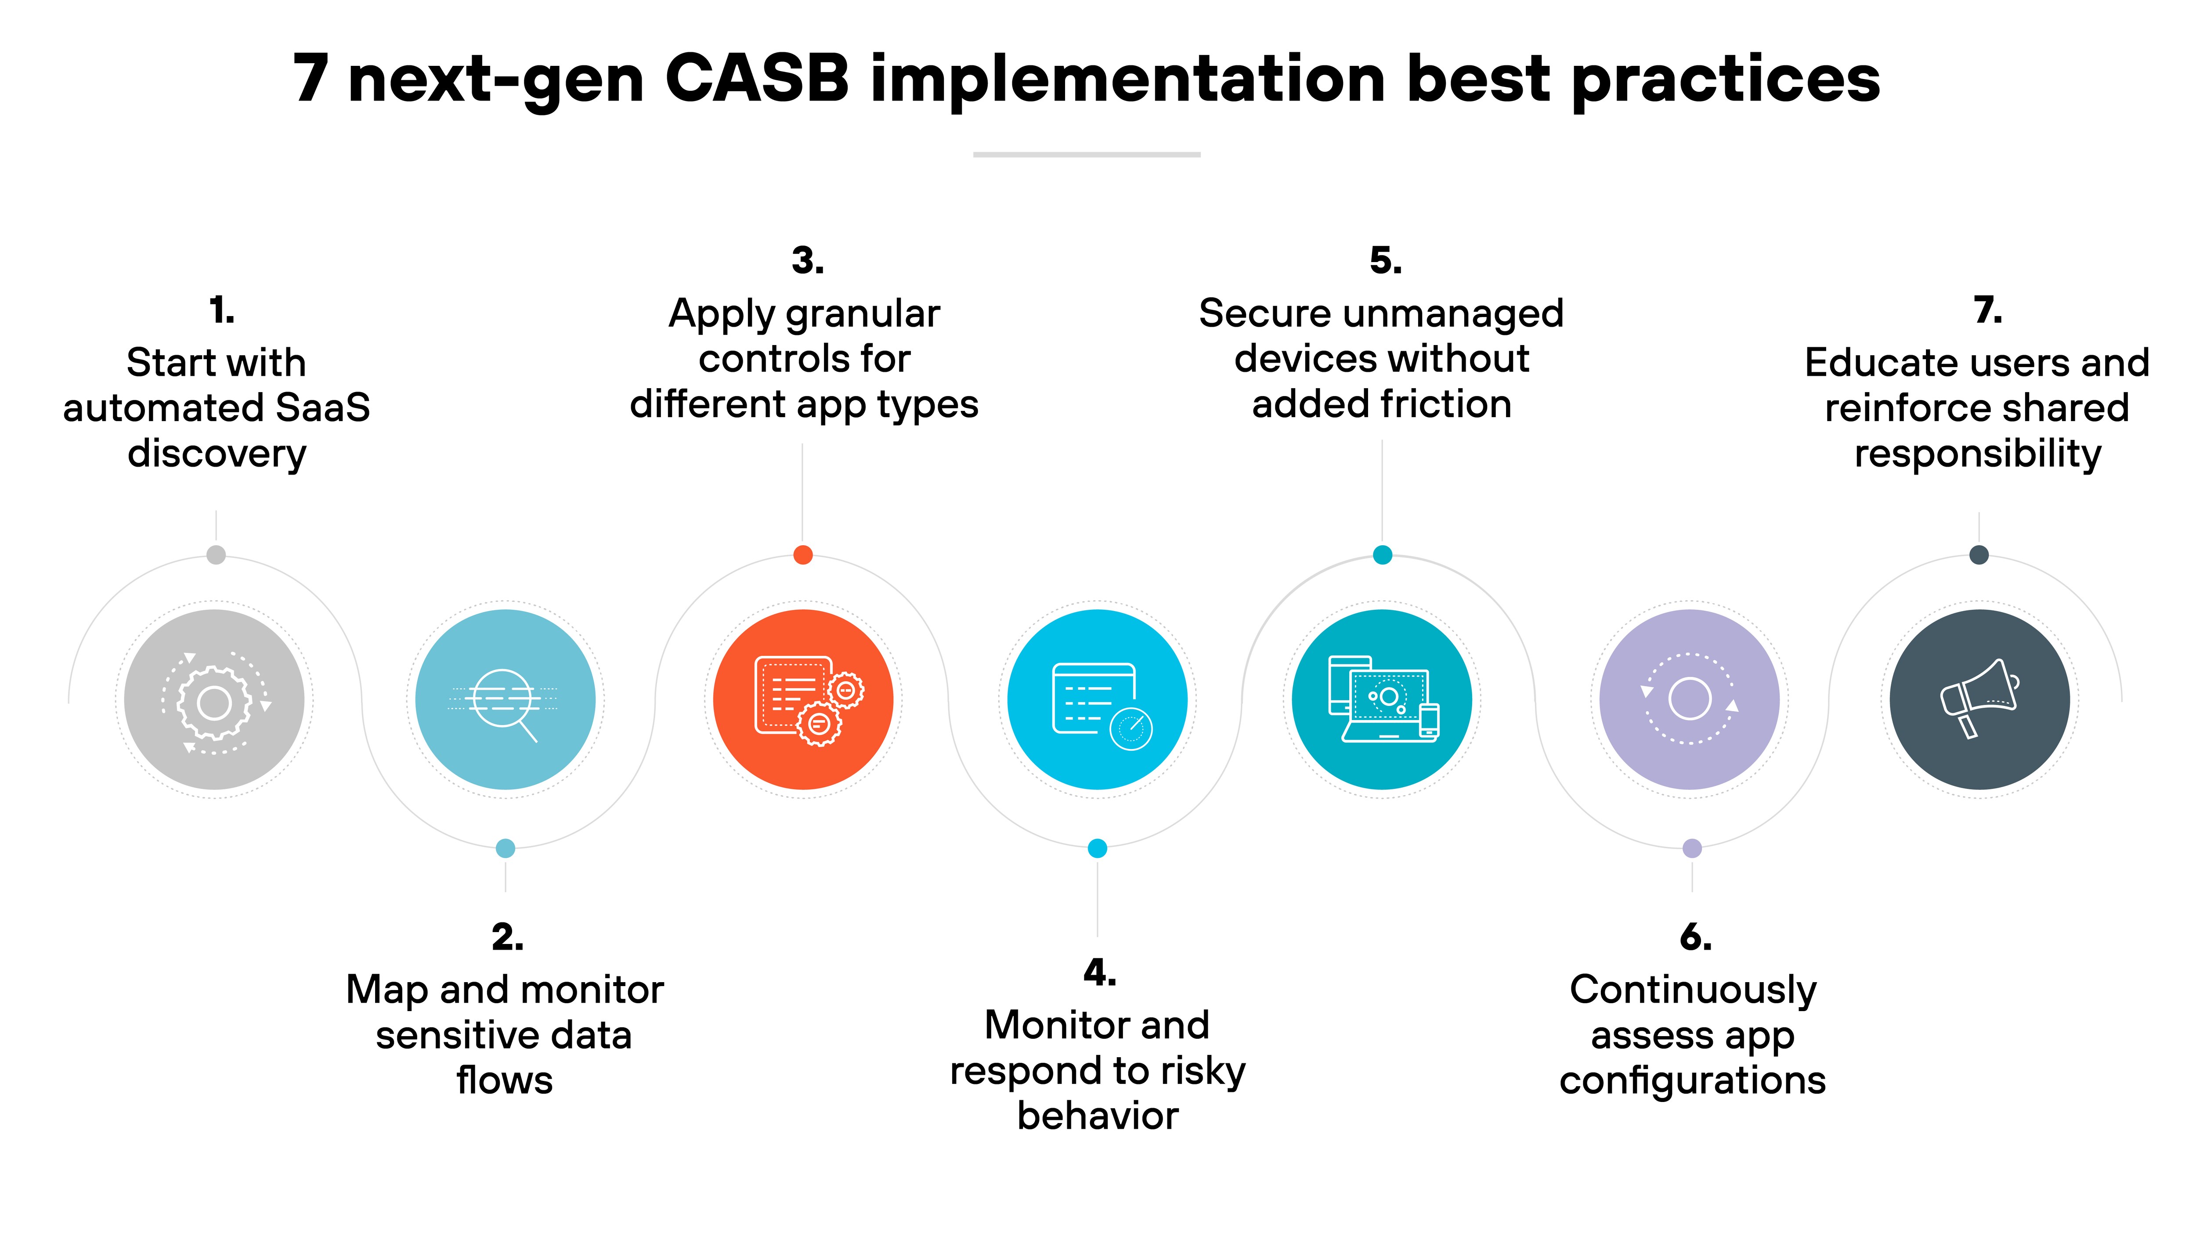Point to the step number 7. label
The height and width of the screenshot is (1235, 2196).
tap(1987, 310)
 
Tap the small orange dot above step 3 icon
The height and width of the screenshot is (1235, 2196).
tap(803, 555)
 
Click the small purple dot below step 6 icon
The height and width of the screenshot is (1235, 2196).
tap(1692, 848)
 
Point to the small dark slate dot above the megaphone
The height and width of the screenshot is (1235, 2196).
tap(1979, 555)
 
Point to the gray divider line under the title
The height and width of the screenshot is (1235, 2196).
tap(1087, 154)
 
